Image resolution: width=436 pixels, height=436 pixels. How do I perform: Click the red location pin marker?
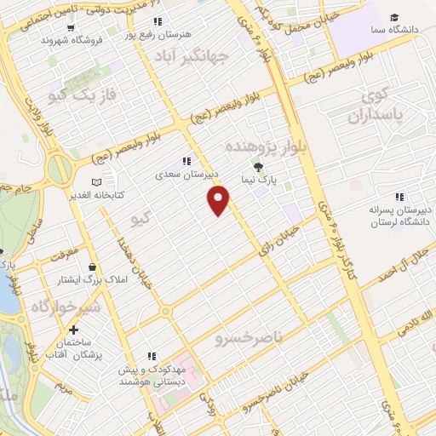click(219, 200)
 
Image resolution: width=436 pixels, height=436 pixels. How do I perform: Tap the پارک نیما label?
click(259, 181)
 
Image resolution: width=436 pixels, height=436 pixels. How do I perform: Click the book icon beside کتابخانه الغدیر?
click(95, 182)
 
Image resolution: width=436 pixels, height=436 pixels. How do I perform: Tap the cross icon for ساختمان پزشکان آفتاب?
click(73, 330)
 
